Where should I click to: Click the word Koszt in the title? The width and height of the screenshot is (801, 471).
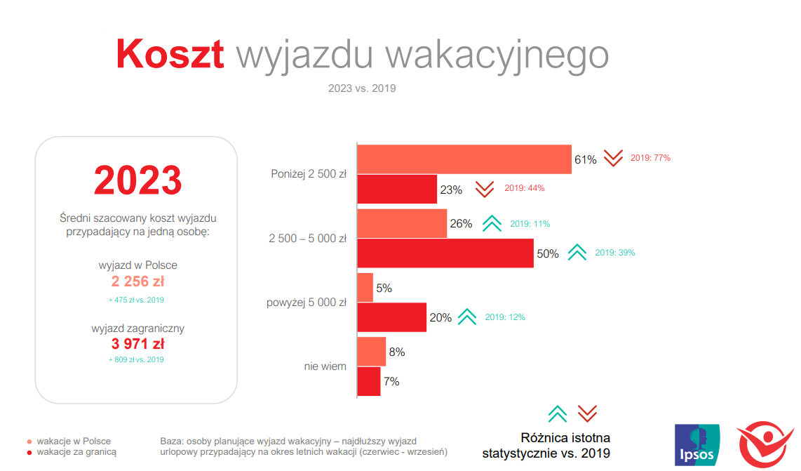point(170,53)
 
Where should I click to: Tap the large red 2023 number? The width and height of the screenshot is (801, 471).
point(138,180)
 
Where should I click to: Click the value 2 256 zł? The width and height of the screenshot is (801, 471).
point(138,281)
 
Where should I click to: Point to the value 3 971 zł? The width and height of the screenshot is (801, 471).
point(138,344)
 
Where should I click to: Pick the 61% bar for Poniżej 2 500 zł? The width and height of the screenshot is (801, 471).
point(464,159)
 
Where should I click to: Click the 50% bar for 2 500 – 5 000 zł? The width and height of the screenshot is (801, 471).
point(445,253)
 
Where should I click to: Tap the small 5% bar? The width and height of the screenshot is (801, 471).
point(365,287)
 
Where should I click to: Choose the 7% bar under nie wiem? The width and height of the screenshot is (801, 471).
point(369,381)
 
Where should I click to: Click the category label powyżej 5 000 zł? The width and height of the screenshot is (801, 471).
point(307,303)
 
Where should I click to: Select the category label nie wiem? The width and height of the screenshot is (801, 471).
point(325,366)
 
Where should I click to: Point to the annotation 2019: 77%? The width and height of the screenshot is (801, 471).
point(650,158)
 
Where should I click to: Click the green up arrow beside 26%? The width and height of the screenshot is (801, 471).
point(492,224)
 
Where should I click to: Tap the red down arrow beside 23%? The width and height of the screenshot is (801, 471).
point(485,189)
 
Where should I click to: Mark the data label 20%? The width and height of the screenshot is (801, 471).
point(440,317)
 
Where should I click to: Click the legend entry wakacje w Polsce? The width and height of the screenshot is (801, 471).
point(74,442)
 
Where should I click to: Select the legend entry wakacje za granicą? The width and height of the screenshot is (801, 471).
point(76,453)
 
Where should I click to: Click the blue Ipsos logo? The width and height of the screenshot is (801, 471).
point(696,444)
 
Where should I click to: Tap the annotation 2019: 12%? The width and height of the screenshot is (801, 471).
point(505,317)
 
